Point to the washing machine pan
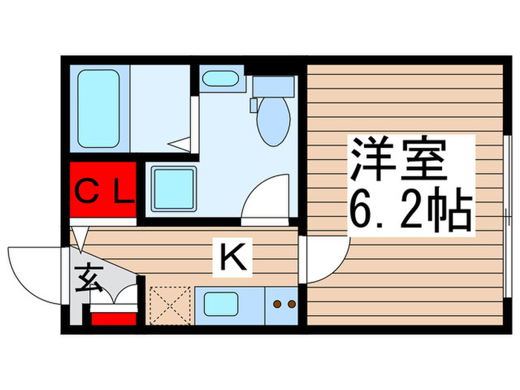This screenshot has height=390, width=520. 173,188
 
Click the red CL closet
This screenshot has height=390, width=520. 103,191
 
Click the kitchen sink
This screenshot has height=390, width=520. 221,305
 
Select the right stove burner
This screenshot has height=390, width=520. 292,303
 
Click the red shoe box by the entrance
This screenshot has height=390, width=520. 114,318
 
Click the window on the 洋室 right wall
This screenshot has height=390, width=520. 505,215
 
